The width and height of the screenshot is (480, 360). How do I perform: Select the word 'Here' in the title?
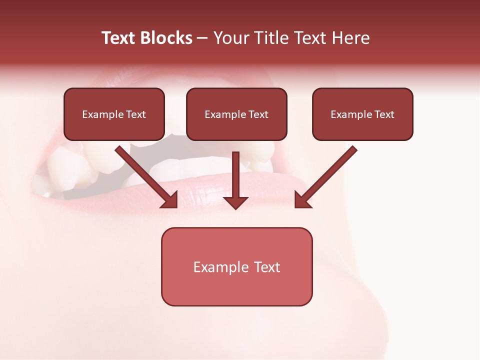point(351,38)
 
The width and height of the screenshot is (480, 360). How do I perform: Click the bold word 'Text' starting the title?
point(119,38)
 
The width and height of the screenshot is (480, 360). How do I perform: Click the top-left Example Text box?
point(114,114)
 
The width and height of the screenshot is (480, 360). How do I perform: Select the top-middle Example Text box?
point(236,114)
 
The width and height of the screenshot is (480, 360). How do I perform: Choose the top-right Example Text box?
point(362,114)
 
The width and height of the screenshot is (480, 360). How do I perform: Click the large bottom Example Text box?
point(236,266)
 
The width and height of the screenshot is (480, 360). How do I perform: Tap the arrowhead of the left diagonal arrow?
point(170,199)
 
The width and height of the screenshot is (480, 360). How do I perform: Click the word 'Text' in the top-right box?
point(384,114)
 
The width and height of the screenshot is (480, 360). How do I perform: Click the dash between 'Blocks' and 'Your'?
point(202,38)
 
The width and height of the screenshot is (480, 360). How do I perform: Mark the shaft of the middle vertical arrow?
point(235,172)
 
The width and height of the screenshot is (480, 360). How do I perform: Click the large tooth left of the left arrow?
point(70,167)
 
